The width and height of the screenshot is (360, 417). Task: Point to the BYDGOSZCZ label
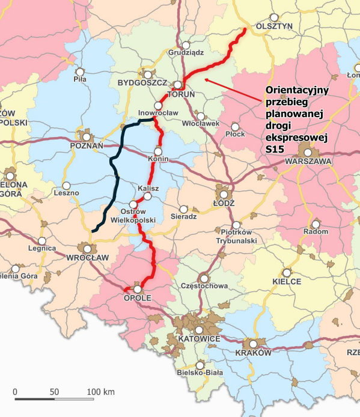tap(138, 81)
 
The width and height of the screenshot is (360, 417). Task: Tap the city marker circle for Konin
tap(159, 151)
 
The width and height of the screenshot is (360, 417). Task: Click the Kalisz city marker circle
tap(148, 196)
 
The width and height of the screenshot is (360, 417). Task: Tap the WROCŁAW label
tap(88, 257)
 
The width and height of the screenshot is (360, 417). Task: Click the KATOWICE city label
tap(197, 339)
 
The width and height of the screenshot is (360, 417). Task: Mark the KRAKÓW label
tap(254, 353)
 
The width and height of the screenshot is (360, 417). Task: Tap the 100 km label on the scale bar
tap(101, 392)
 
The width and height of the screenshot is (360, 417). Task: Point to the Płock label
tap(234, 133)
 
